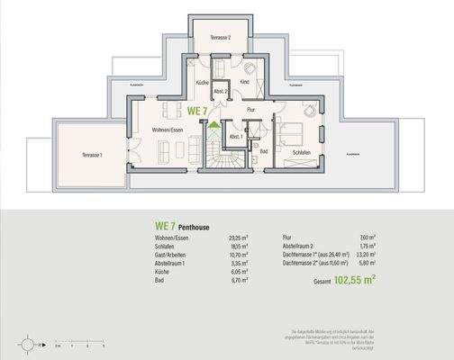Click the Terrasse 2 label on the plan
(x=222, y=37)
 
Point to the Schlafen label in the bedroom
(x=304, y=155)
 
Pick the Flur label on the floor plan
(x=251, y=110)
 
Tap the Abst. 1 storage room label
(x=234, y=137)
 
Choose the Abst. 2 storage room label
(x=219, y=91)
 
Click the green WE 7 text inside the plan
(x=197, y=111)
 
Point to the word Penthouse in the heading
(x=191, y=228)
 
